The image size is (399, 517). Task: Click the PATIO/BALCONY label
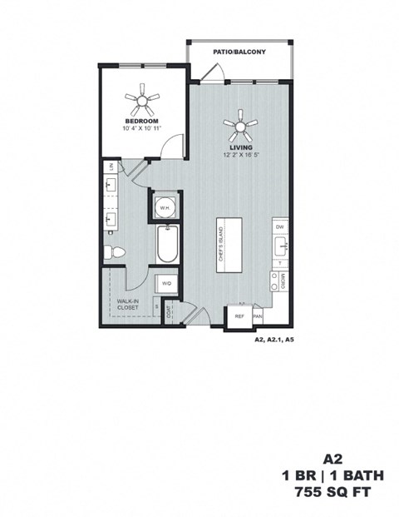pos(239,52)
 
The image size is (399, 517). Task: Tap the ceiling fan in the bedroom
pos(142,102)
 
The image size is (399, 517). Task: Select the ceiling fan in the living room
pos(241,127)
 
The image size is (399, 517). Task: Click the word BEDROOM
pos(142,120)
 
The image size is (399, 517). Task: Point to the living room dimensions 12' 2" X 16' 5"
pos(241,155)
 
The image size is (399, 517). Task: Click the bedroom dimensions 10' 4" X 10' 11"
pos(142,128)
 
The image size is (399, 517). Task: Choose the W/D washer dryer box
pos(166,284)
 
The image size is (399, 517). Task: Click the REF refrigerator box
pos(239,316)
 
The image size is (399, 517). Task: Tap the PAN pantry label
pos(258,316)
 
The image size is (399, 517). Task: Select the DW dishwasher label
pos(280,226)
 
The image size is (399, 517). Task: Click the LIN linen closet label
pos(110,167)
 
